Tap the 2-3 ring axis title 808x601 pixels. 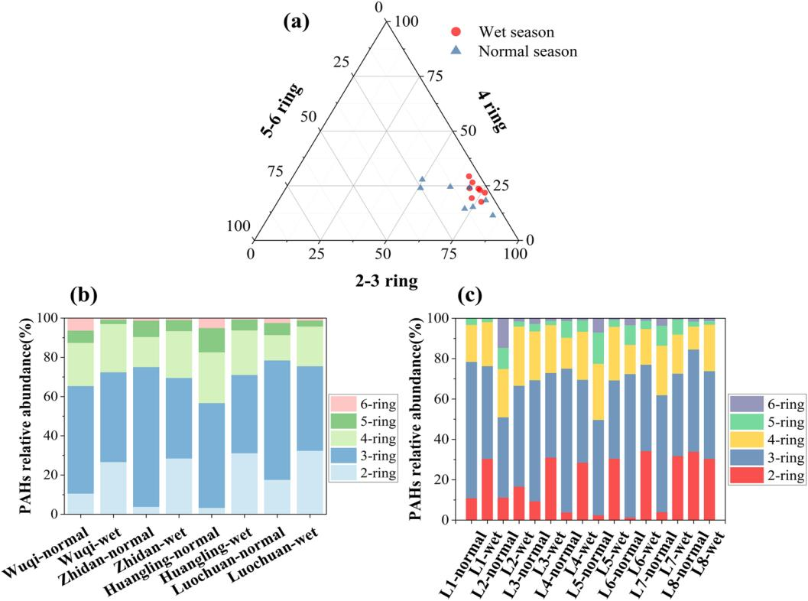[x=385, y=281]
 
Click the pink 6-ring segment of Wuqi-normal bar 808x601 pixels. [x=81, y=324]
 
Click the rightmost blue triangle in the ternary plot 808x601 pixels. [x=492, y=215]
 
